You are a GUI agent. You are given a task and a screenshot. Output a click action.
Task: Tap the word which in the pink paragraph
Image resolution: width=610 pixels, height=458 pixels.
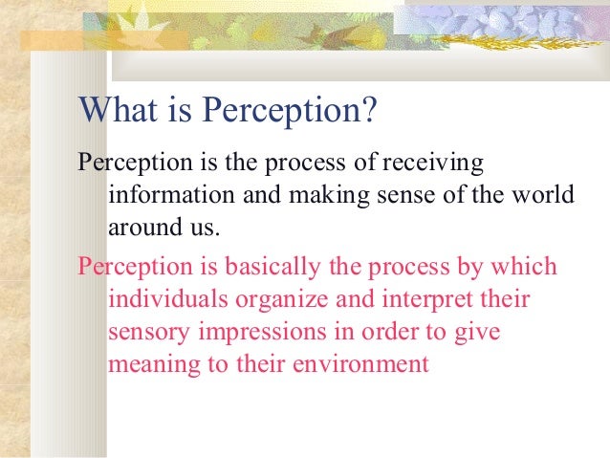pyautogui.click(x=523, y=265)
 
